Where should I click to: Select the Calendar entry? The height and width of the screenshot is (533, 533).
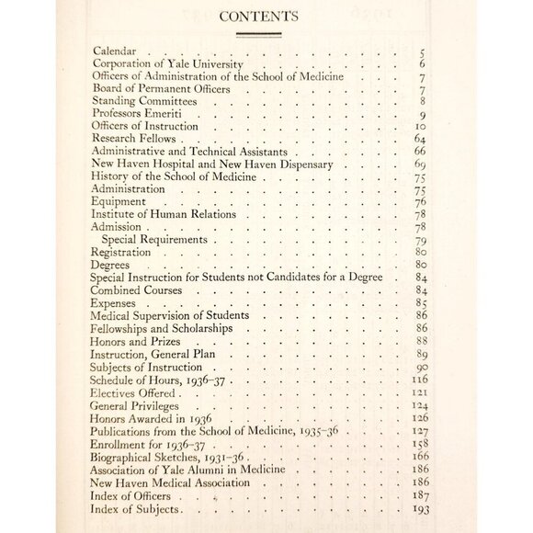coord(119,53)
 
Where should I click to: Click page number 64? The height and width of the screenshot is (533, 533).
coord(420,137)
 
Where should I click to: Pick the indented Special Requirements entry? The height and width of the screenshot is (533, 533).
coord(156,239)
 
